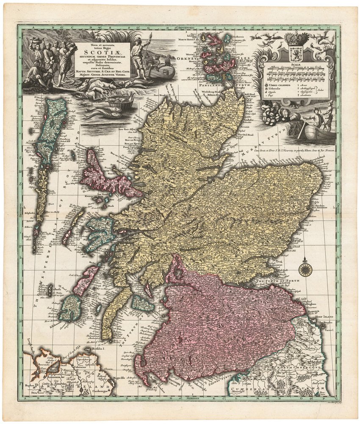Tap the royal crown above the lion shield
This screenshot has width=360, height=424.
[x=296, y=39]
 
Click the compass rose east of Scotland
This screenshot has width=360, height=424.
[x=304, y=268]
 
